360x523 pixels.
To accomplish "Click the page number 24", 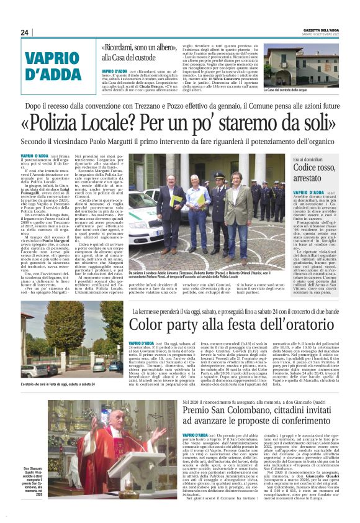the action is (x=25, y=32).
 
